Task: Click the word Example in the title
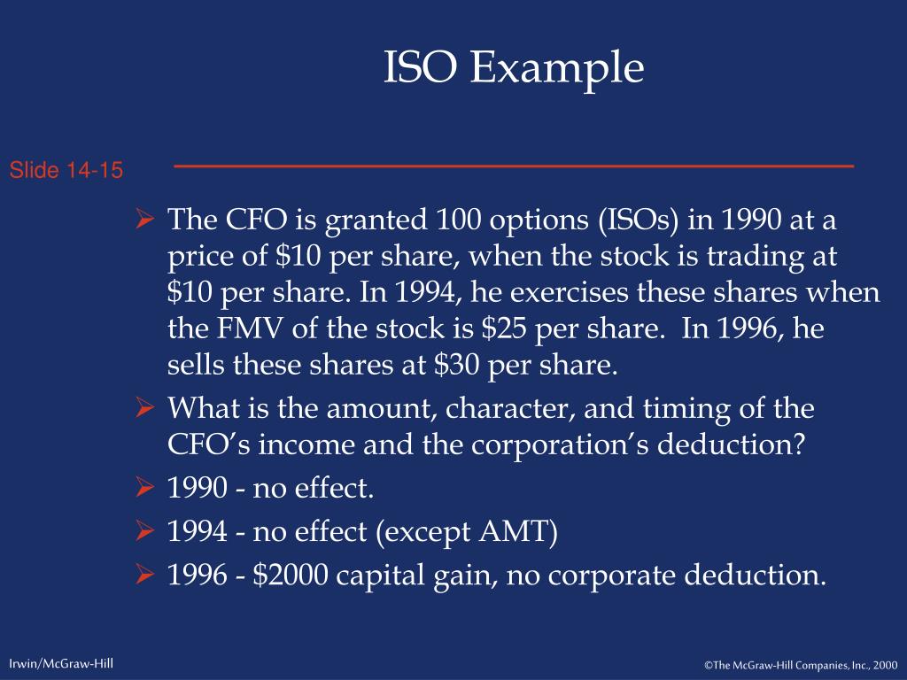point(556,68)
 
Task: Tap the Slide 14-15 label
point(66,170)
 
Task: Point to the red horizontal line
point(514,166)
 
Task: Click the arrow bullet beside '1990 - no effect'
point(146,486)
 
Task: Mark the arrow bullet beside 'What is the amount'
point(146,409)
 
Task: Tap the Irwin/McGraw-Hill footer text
point(61,663)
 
